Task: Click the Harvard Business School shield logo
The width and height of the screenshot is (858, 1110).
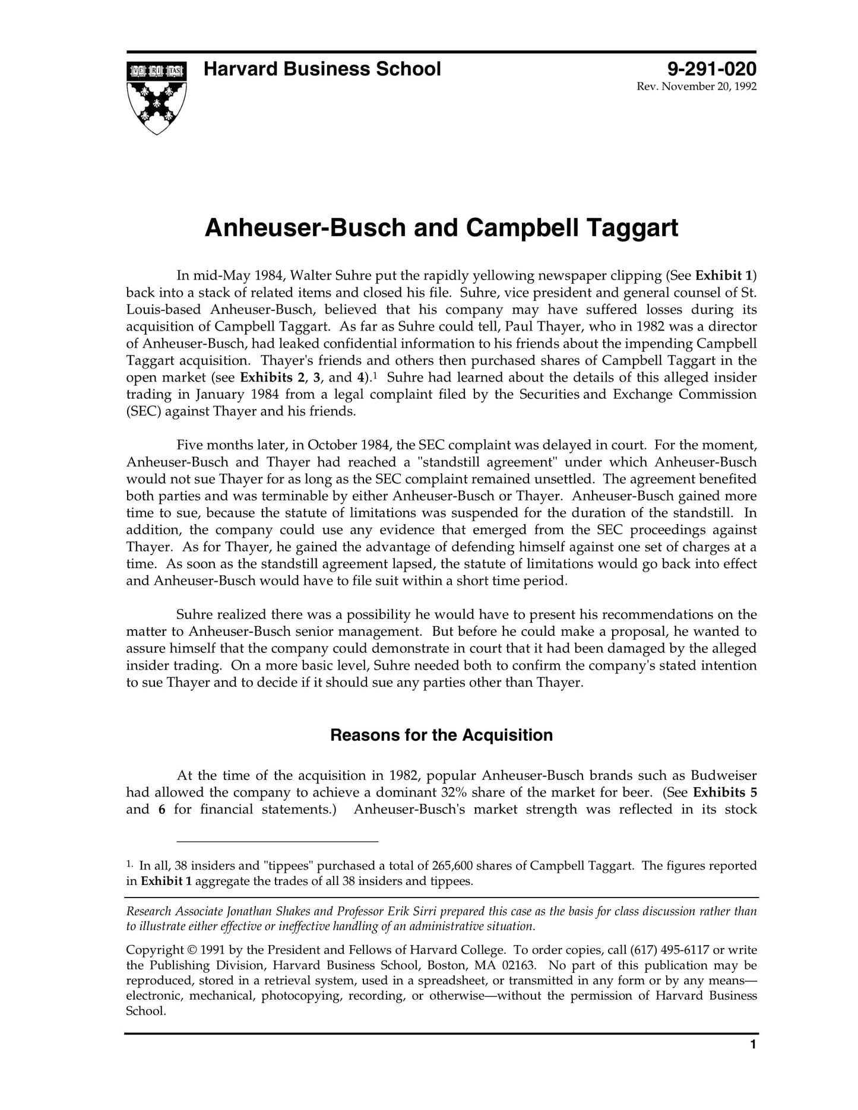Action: tap(156, 97)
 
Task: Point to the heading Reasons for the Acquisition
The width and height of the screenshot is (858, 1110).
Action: tap(441, 735)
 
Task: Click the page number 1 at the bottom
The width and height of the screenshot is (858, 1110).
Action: tap(753, 1061)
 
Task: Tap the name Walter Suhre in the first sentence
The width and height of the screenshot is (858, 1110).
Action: tap(326, 275)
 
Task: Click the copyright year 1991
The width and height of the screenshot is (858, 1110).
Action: tap(213, 950)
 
